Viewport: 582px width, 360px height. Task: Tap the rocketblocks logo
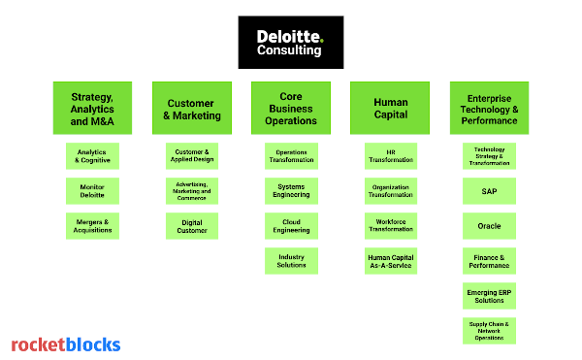coord(66,344)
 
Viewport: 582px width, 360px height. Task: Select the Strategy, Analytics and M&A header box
coord(92,108)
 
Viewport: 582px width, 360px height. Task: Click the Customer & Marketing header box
coord(192,108)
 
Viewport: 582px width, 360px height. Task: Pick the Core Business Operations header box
coord(291,108)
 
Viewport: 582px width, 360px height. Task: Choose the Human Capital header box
coord(391,108)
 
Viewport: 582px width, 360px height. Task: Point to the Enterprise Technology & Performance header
coord(489,108)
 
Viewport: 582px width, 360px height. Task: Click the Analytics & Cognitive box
coord(92,156)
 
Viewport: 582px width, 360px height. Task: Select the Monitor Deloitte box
coord(92,190)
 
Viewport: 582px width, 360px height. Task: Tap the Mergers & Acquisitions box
coord(92,225)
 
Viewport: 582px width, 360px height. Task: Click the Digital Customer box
coord(192,225)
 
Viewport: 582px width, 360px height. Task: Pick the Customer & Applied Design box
coord(192,156)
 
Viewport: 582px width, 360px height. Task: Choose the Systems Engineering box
coord(291,190)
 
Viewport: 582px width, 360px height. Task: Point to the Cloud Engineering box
coord(291,225)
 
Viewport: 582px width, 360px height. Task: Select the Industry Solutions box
coord(291,260)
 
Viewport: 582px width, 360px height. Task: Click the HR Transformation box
coord(391,156)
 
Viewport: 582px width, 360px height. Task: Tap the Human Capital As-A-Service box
coord(391,260)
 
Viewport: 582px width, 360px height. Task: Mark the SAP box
coord(489,191)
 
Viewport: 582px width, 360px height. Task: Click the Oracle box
coord(489,225)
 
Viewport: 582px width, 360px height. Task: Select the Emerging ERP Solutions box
coord(489,295)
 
